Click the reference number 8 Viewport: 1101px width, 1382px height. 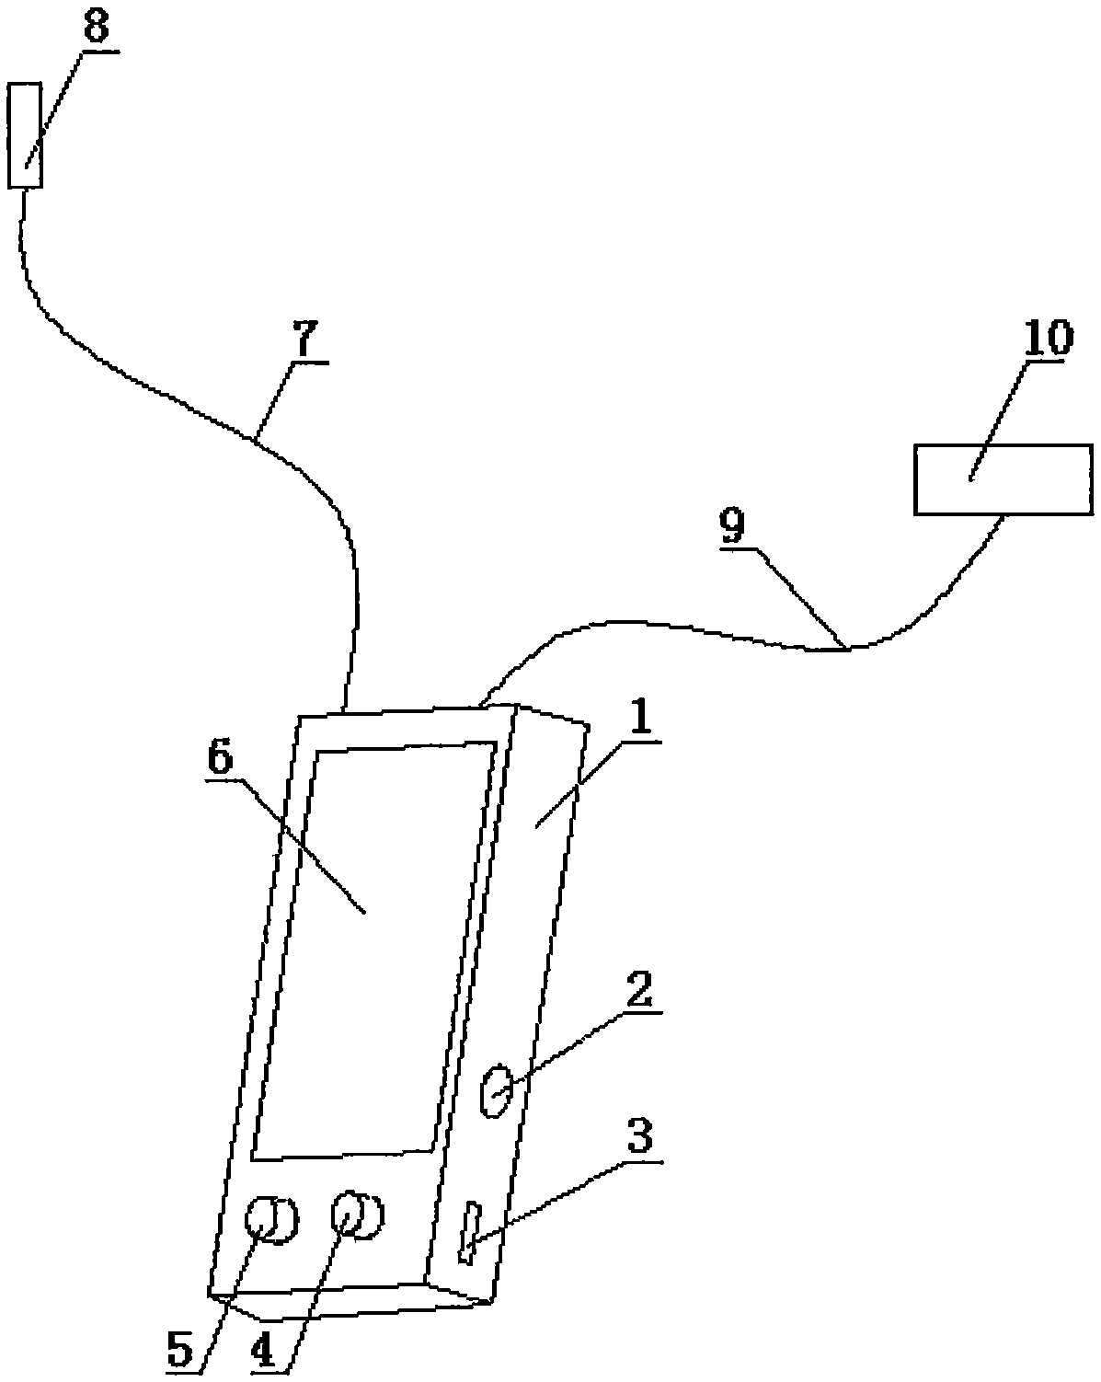95,28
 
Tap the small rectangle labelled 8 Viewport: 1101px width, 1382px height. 25,135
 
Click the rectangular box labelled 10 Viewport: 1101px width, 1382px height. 1003,478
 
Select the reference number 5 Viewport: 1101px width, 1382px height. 180,1350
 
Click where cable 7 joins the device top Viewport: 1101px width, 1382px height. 346,710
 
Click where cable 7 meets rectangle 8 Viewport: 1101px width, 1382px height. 23,190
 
